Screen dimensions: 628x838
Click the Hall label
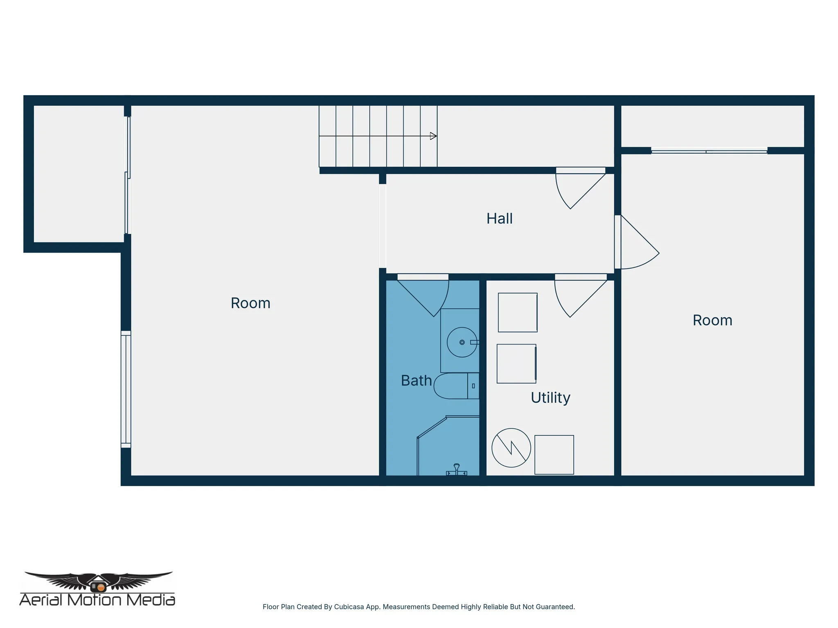[x=499, y=219]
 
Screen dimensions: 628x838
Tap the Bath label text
[x=416, y=381]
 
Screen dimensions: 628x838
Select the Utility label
[x=550, y=398]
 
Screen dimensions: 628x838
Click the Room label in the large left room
[x=250, y=303]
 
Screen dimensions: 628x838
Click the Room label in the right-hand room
[x=712, y=321]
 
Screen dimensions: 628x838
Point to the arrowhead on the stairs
[x=433, y=136]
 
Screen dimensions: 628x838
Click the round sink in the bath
[x=462, y=342]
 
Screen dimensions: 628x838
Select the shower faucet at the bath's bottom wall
[x=457, y=470]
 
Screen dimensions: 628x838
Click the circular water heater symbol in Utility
[x=511, y=448]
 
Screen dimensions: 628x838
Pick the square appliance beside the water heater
[x=554, y=455]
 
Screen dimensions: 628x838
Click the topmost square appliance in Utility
[x=518, y=312]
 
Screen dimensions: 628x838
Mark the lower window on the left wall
[x=126, y=389]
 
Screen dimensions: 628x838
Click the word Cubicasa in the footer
[x=349, y=607]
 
